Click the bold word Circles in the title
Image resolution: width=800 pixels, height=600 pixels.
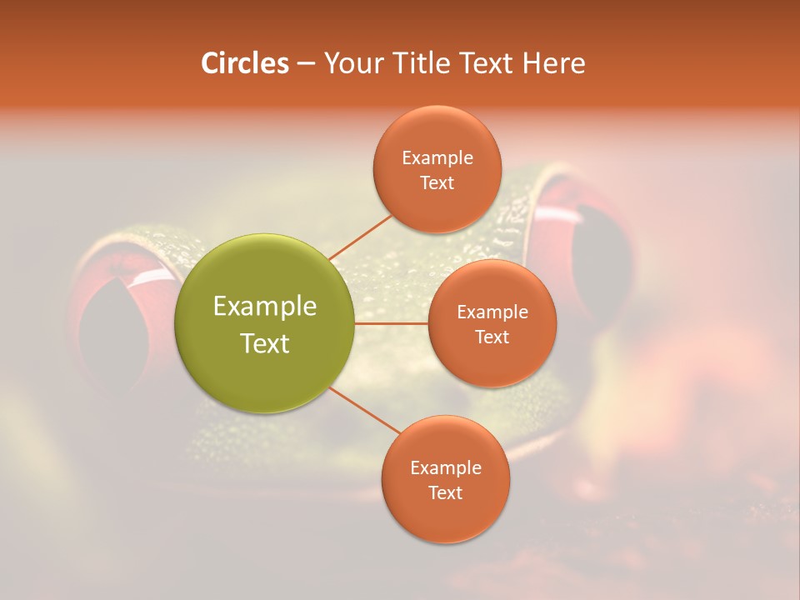coord(244,63)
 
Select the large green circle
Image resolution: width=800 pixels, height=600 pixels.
coord(265,323)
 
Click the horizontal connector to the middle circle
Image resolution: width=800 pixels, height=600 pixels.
coord(392,323)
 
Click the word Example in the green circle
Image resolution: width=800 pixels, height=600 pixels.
coord(265,307)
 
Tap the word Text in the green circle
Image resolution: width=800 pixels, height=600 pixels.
coord(265,343)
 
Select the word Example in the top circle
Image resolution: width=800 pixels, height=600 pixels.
coord(437,157)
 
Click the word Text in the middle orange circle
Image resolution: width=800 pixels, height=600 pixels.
coord(492,337)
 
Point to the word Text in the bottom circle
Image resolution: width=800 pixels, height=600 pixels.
coord(445,492)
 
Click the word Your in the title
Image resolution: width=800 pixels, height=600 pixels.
coord(351,63)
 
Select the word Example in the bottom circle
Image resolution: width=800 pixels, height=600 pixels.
coord(445,467)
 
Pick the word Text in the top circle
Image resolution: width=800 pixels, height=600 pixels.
coord(437,182)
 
